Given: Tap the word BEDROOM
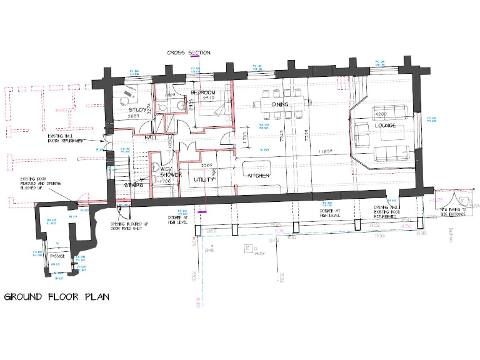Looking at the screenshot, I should click(x=203, y=92).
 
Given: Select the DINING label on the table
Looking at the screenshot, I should click(x=280, y=104).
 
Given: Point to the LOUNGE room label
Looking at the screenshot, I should click(x=385, y=126).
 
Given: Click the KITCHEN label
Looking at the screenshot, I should click(x=259, y=176).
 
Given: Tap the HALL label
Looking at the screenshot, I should click(x=151, y=136).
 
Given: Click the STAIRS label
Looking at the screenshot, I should click(x=134, y=185).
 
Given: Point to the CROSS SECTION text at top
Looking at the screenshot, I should click(x=189, y=53).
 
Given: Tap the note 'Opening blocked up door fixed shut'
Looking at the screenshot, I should click(x=130, y=226).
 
